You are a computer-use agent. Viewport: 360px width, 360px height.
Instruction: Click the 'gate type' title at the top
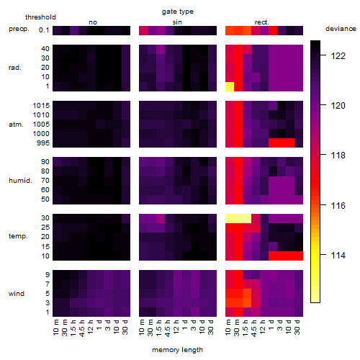tap(178, 12)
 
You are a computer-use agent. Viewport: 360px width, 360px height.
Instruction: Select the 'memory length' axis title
tap(177, 350)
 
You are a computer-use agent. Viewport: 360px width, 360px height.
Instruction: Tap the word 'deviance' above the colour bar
tap(341, 29)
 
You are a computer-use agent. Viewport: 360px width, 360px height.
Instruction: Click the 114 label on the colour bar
tap(338, 255)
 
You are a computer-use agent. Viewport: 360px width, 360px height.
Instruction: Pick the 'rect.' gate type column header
tap(261, 22)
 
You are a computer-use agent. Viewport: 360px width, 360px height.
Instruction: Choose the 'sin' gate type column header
tap(177, 22)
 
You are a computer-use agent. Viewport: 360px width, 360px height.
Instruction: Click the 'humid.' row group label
tap(20, 181)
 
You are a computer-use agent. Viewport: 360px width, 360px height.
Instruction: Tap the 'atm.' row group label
tap(16, 125)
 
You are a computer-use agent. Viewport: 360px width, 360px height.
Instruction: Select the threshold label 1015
tap(41, 106)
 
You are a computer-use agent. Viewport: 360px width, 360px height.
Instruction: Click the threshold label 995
tap(43, 143)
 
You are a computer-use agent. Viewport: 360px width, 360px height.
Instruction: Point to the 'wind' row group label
tap(17, 294)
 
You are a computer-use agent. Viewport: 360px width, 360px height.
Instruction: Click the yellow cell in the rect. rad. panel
tap(230, 86)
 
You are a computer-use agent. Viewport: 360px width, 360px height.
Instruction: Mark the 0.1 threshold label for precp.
tap(44, 30)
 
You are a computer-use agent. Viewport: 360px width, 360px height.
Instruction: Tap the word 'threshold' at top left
tap(40, 17)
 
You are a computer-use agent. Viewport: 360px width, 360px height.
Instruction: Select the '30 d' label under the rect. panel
tap(297, 327)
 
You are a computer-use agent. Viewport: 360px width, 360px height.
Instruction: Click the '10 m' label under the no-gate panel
tap(55, 327)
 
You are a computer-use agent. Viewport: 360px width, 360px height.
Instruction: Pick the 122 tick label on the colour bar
tap(338, 56)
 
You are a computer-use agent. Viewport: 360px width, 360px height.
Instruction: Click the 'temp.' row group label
tap(18, 236)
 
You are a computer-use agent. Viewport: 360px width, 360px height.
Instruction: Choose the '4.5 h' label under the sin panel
tap(168, 328)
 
